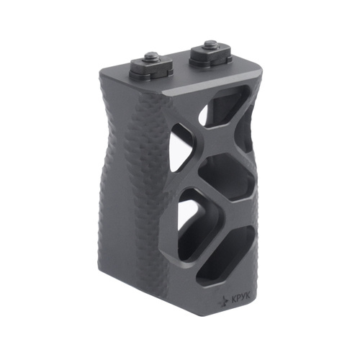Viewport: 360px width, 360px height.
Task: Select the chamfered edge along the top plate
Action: pos(209,91)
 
